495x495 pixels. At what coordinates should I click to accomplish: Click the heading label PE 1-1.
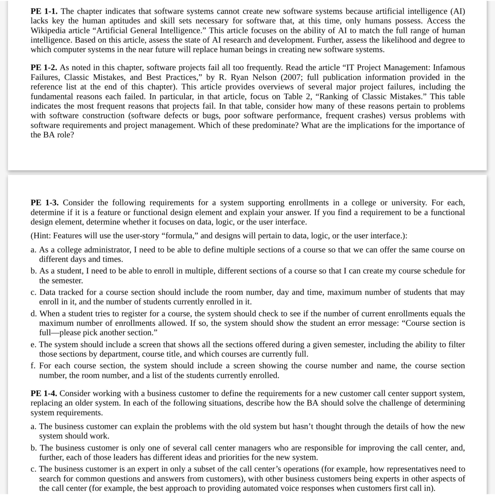pos(44,11)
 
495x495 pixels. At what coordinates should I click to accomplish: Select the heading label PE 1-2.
pos(44,67)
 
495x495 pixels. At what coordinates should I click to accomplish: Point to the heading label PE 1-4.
pos(44,393)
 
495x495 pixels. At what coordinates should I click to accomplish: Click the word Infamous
pos(449,67)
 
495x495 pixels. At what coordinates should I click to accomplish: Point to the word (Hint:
pos(41,235)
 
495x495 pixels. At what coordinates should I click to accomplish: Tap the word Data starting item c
pos(47,292)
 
